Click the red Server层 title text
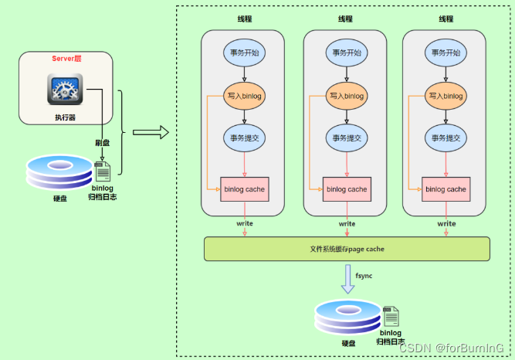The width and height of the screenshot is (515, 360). [67, 59]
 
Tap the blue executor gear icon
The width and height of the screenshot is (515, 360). [65, 90]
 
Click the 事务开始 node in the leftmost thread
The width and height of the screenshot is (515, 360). [245, 53]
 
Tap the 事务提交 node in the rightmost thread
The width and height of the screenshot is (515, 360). [446, 138]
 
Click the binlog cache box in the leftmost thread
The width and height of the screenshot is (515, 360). [245, 189]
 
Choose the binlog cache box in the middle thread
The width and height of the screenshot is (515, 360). [347, 189]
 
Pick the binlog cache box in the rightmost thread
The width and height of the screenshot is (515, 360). [446, 189]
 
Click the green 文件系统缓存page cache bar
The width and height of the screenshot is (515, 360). [347, 249]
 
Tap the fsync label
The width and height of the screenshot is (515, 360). [364, 276]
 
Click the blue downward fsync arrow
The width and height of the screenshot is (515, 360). [347, 279]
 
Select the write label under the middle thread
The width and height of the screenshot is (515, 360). [347, 224]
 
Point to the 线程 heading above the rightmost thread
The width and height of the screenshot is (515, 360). [446, 19]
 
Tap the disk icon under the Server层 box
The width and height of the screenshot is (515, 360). [59, 173]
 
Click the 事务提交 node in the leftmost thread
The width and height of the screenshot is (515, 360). [245, 138]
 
